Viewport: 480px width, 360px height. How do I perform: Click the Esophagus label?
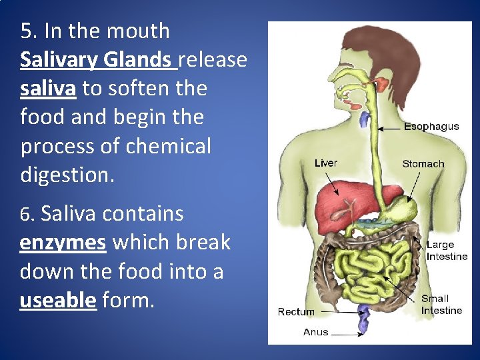[x=431, y=127]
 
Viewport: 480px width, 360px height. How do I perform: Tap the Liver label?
[x=326, y=163]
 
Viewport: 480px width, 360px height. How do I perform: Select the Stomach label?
[x=423, y=163]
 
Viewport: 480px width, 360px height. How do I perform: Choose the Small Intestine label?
[x=441, y=304]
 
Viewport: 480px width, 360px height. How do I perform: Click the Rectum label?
[x=296, y=311]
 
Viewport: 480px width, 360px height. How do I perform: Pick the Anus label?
[x=315, y=331]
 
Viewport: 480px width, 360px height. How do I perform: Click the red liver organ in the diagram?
[x=333, y=200]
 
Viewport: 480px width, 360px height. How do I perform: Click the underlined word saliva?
[x=47, y=89]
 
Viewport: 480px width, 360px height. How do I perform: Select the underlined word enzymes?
[x=63, y=243]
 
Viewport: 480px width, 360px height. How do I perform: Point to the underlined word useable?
[x=58, y=301]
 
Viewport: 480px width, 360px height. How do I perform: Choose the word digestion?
[x=67, y=175]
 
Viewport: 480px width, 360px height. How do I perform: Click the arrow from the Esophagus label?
[x=389, y=127]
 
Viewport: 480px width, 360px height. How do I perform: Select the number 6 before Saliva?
[x=25, y=215]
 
